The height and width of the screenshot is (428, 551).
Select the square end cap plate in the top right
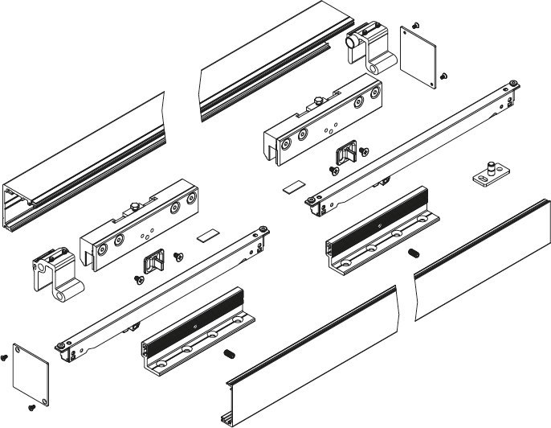(418, 53)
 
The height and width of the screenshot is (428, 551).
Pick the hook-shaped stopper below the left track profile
(53, 274)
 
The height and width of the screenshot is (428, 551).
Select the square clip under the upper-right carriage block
(346, 152)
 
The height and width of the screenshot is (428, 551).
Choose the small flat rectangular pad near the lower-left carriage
(208, 237)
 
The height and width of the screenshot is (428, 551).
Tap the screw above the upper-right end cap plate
(414, 26)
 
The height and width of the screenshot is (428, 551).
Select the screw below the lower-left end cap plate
(33, 408)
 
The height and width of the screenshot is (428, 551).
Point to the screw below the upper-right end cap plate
(443, 76)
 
